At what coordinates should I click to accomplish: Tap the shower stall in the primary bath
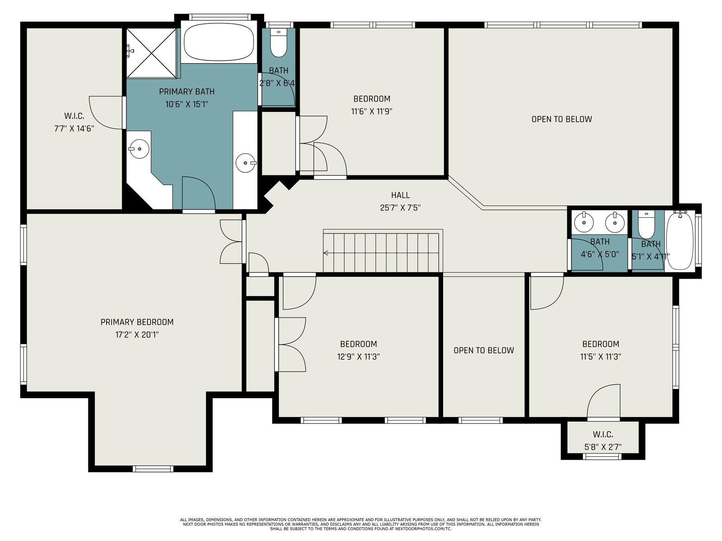tap(152, 53)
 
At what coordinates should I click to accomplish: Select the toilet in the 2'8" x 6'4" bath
tap(278, 43)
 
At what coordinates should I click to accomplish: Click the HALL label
tap(400, 195)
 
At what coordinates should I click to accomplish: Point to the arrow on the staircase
tap(326, 252)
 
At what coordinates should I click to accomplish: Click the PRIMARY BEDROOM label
tap(137, 322)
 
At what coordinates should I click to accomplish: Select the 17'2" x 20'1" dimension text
tap(137, 335)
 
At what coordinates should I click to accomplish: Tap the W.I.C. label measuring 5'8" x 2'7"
tap(603, 434)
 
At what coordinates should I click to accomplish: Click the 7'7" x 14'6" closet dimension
tap(74, 128)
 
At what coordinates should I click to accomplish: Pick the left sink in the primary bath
tap(139, 149)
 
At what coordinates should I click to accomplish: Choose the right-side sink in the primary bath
tap(246, 163)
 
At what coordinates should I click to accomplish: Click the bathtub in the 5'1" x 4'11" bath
tap(680, 240)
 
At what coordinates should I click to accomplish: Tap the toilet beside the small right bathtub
tap(646, 225)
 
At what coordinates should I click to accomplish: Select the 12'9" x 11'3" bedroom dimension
tap(358, 357)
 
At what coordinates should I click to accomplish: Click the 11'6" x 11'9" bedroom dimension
tap(372, 111)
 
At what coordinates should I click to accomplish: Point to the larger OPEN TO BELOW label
tap(561, 119)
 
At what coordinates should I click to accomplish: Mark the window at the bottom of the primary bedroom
tap(153, 469)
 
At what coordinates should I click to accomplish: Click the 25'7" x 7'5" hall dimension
tap(400, 207)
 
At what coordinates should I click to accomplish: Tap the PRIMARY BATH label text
tap(186, 92)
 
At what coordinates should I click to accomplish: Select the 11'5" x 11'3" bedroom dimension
tap(601, 357)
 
